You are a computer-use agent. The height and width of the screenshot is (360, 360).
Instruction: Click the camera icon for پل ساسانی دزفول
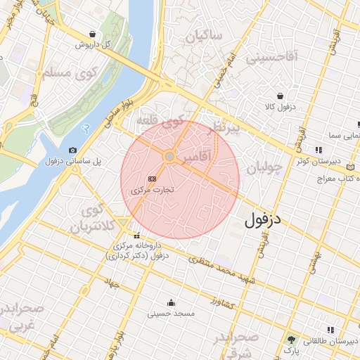click(x=73, y=150)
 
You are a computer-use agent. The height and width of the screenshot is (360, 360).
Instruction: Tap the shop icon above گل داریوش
click(x=93, y=34)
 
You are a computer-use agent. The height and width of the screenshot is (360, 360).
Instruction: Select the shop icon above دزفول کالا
click(x=281, y=96)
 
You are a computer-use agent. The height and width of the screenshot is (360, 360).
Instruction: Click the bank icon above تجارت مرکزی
click(x=152, y=180)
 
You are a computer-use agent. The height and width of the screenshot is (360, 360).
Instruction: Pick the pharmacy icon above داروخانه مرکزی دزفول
click(x=137, y=236)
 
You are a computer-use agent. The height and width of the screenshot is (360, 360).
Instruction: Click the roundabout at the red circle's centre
click(x=169, y=156)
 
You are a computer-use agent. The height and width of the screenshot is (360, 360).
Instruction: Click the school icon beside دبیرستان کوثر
click(x=319, y=149)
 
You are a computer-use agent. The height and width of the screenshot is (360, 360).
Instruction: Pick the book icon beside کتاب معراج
click(x=352, y=167)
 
